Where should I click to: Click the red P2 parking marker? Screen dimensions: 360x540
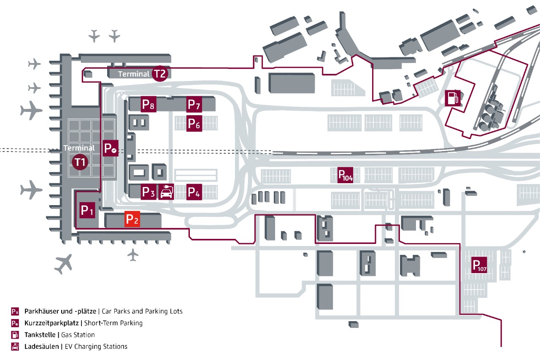click(x=132, y=219)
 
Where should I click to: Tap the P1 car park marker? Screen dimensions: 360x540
click(x=87, y=210)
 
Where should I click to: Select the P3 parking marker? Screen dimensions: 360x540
click(x=148, y=192)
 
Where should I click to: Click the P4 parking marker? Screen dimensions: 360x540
click(x=194, y=192)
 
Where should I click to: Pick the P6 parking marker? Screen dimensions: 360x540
click(x=194, y=124)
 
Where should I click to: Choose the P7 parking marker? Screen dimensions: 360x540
click(x=194, y=104)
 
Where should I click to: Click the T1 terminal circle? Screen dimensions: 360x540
click(x=80, y=162)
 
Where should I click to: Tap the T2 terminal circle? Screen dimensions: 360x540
click(x=160, y=74)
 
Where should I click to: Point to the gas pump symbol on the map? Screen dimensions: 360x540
click(x=452, y=98)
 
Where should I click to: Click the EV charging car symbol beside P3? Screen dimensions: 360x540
click(x=166, y=192)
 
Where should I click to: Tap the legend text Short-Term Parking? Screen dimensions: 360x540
click(x=113, y=323)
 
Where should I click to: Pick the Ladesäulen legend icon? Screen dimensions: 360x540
click(x=15, y=346)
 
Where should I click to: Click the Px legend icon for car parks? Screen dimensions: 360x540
click(x=15, y=311)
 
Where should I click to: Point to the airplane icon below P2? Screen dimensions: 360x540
click(x=133, y=254)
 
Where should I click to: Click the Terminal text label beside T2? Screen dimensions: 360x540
click(x=134, y=74)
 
